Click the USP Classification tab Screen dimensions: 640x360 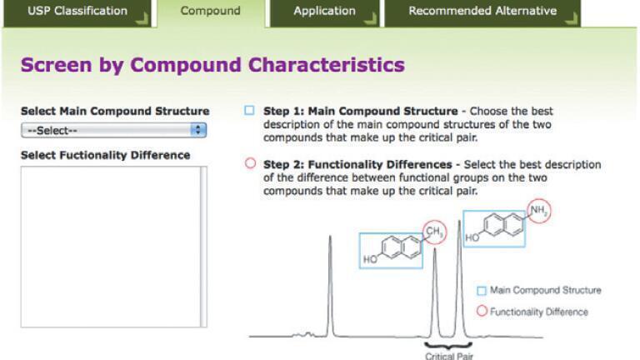pyautogui.click(x=77, y=12)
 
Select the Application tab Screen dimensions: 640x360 pyautogui.click(x=324, y=12)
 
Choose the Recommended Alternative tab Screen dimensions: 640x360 pyautogui.click(x=482, y=12)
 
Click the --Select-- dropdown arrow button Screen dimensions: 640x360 pyautogui.click(x=198, y=130)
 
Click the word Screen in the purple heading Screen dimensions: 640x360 pyautogui.click(x=57, y=65)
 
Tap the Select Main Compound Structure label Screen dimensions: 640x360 pyautogui.click(x=115, y=111)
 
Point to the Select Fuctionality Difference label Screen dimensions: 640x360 pyautogui.click(x=105, y=155)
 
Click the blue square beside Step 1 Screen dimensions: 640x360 pyautogui.click(x=249, y=110)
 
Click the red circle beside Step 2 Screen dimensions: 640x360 pyautogui.click(x=250, y=163)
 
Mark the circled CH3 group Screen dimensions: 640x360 pyautogui.click(x=434, y=232)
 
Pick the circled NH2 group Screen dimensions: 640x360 pyautogui.click(x=539, y=211)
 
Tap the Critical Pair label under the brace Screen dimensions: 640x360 pyautogui.click(x=449, y=356)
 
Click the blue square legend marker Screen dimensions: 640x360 pyautogui.click(x=482, y=291)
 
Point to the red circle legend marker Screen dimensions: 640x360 pyautogui.click(x=482, y=311)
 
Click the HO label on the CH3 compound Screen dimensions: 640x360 pyautogui.click(x=370, y=260)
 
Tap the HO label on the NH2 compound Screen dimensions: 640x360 pyautogui.click(x=472, y=237)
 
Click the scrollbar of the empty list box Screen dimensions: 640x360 pyautogui.click(x=203, y=247)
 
